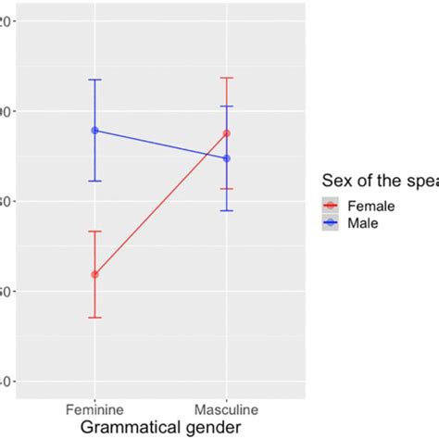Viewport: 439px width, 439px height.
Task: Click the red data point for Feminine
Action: pyautogui.click(x=94, y=274)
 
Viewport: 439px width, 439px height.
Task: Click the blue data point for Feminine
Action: pyautogui.click(x=94, y=131)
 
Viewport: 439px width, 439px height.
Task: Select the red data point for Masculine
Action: pyautogui.click(x=226, y=133)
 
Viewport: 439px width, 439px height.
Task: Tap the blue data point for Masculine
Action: pyautogui.click(x=226, y=158)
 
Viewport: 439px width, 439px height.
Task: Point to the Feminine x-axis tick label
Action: pyautogui.click(x=94, y=408)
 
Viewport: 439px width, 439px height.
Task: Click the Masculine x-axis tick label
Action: pyautogui.click(x=226, y=408)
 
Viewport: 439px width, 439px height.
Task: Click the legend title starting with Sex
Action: pyautogui.click(x=380, y=180)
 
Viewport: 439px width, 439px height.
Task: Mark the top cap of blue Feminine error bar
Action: pyautogui.click(x=94, y=80)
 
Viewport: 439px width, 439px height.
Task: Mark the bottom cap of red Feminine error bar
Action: pyautogui.click(x=94, y=318)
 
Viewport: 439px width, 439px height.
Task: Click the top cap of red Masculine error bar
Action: pyautogui.click(x=226, y=78)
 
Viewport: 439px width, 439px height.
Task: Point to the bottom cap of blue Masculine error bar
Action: pyautogui.click(x=226, y=210)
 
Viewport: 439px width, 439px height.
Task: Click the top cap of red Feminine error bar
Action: pyautogui.click(x=94, y=232)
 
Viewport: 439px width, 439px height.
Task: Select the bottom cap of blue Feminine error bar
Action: pyautogui.click(x=94, y=181)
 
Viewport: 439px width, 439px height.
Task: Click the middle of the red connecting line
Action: pyautogui.click(x=160, y=204)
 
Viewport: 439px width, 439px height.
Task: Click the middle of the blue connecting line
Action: pyautogui.click(x=160, y=144)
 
